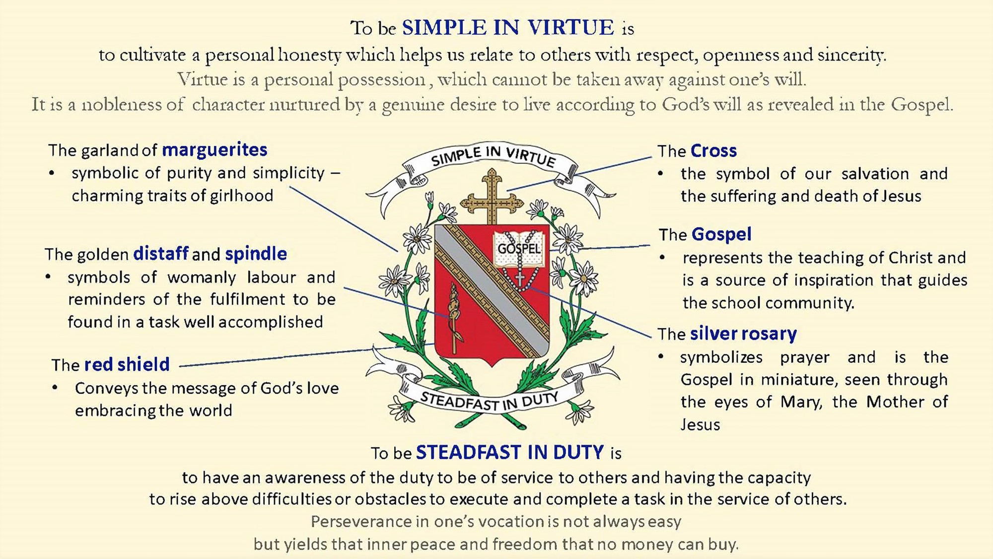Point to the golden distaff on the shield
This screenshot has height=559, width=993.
(x=454, y=318)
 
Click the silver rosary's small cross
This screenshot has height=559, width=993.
(x=520, y=279)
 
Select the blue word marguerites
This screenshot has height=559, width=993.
(x=214, y=150)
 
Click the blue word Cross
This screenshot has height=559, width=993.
(x=713, y=151)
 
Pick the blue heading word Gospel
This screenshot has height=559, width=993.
(x=721, y=234)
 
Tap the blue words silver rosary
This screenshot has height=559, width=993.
(x=743, y=334)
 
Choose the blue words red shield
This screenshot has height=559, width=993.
(x=127, y=364)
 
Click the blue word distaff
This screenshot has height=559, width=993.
(x=161, y=254)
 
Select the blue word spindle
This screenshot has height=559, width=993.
(x=256, y=254)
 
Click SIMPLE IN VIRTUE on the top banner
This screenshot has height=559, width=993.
(x=493, y=156)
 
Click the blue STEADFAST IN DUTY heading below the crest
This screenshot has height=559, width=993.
(x=510, y=452)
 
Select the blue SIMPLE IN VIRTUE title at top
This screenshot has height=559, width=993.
(x=508, y=28)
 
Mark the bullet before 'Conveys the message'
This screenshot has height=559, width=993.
(x=55, y=388)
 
